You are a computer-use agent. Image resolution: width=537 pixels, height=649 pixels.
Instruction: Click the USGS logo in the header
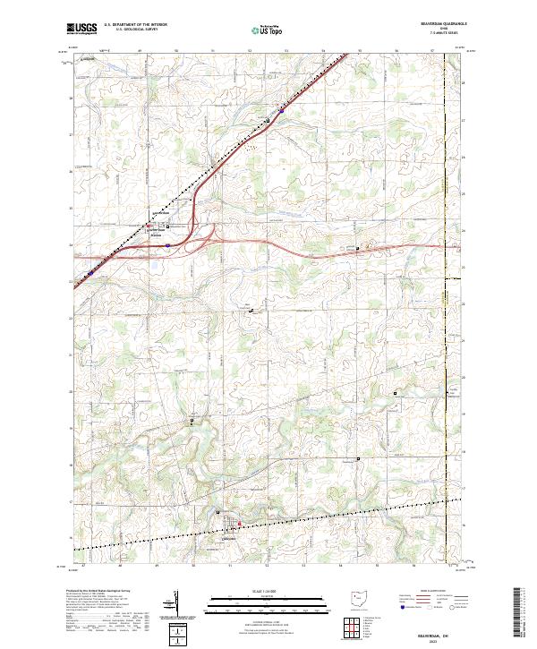(81, 30)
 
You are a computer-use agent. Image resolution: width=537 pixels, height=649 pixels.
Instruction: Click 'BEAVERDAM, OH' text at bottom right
(445, 633)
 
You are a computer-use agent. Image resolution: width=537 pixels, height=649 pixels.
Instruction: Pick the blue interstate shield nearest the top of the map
(281, 114)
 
